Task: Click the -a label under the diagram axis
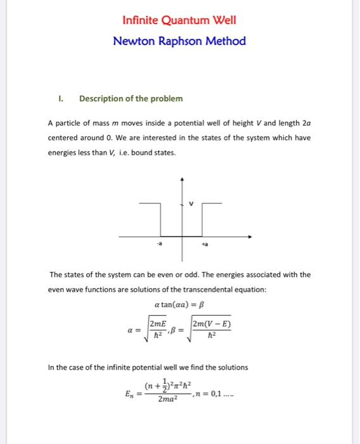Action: pyautogui.click(x=151, y=244)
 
